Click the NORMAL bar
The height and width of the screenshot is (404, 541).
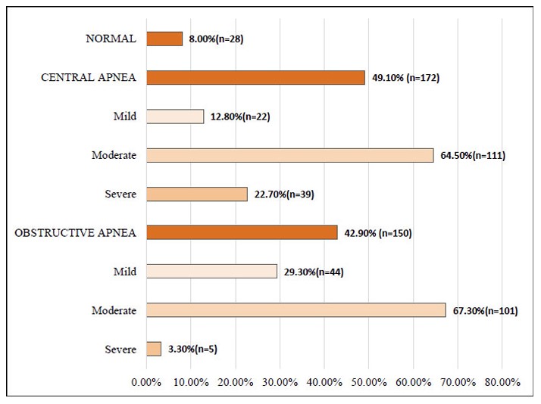[164, 39]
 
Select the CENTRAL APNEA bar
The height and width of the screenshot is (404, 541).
[255, 77]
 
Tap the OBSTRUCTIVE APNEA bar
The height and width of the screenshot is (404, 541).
[242, 232]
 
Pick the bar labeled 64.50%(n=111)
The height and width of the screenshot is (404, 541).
[289, 155]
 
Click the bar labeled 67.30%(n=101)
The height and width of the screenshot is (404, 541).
[296, 310]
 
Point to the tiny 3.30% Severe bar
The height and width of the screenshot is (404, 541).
[154, 349]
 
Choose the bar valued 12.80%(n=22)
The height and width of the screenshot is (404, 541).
[175, 117]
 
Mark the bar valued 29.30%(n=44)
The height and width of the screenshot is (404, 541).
[211, 271]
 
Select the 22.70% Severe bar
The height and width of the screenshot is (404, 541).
[197, 194]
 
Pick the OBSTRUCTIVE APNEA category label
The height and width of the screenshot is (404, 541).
[76, 233]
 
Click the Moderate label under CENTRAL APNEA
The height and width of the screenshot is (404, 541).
[112, 155]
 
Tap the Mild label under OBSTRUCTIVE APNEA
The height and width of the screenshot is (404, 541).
[124, 272]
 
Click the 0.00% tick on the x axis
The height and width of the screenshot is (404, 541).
[146, 382]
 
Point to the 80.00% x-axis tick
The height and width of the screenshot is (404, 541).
[502, 382]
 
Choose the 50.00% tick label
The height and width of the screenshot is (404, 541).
[368, 382]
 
